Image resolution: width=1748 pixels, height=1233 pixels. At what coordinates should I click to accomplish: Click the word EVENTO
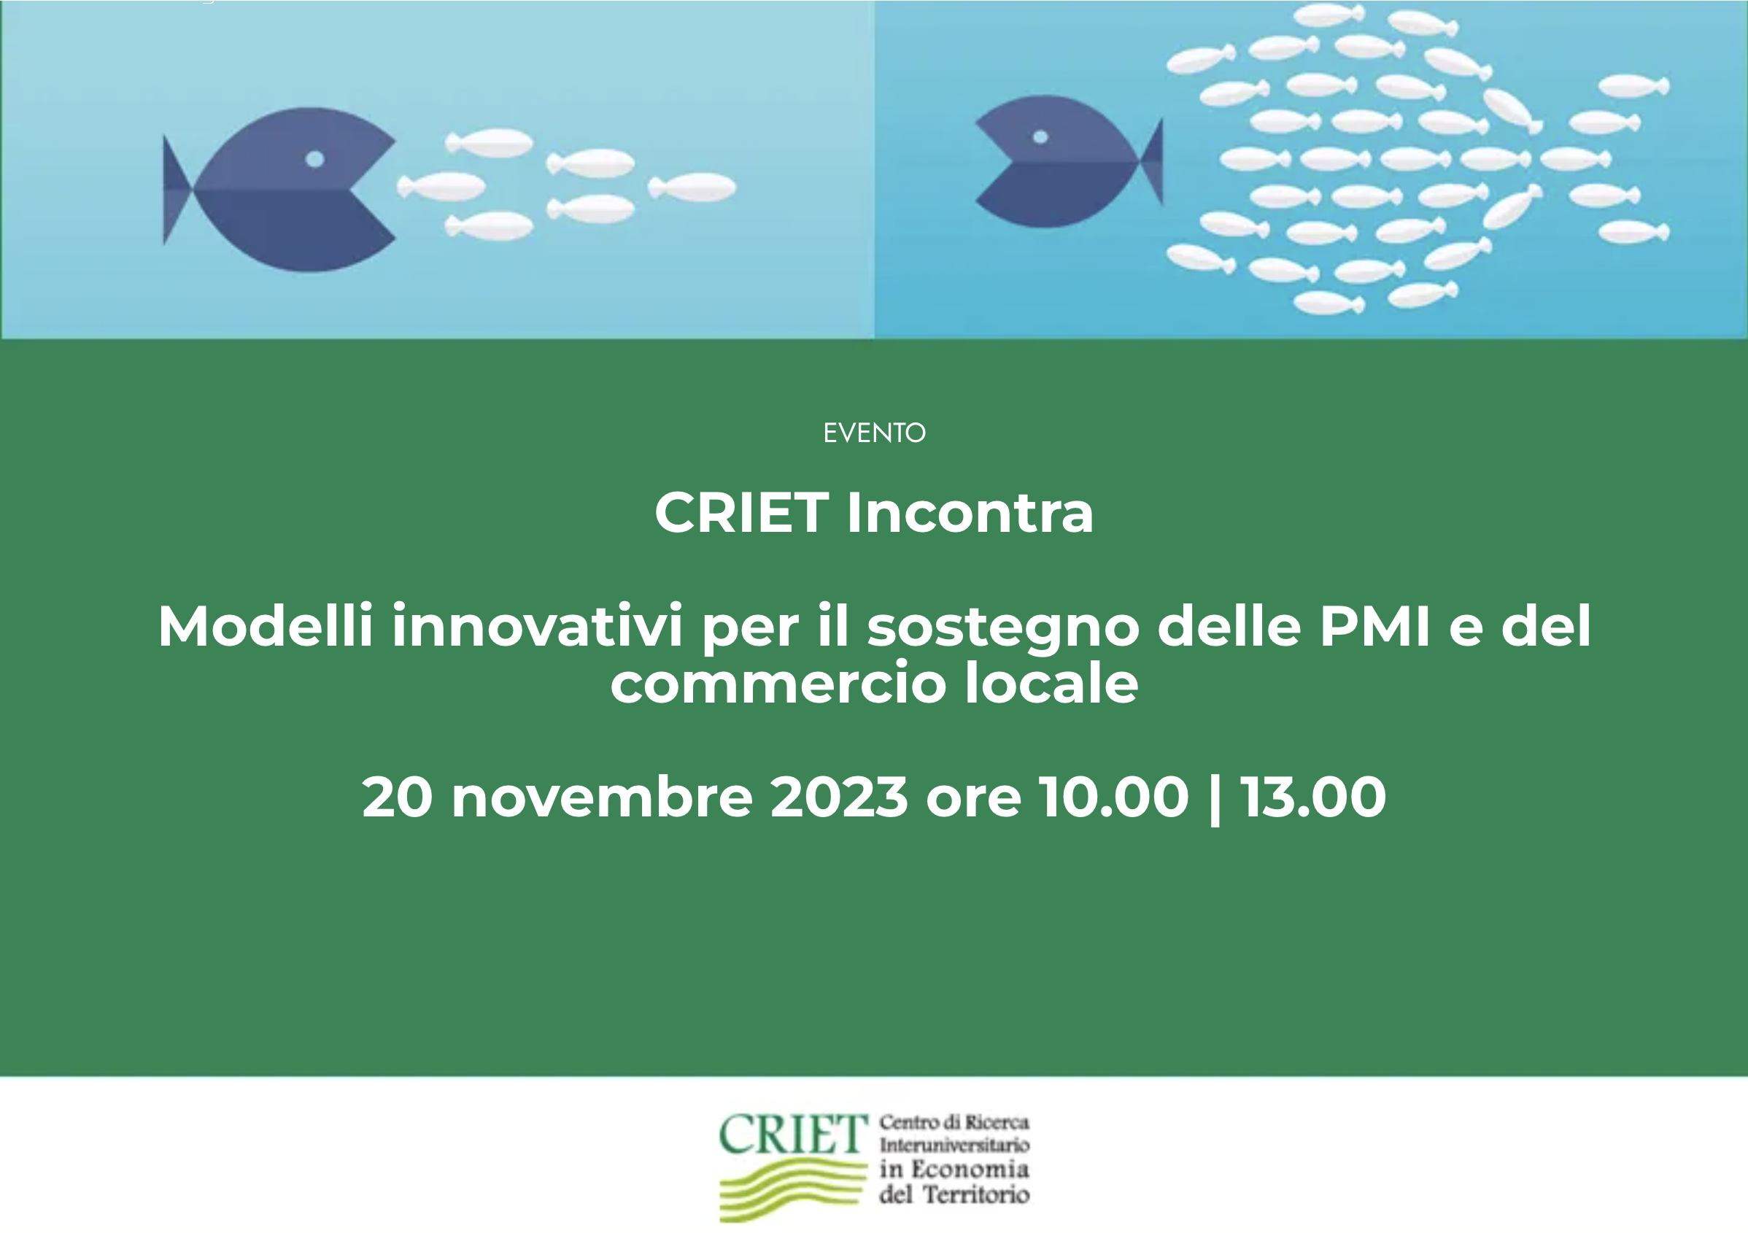pyautogui.click(x=874, y=433)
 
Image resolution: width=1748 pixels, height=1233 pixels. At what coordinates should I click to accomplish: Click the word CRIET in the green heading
pyautogui.click(x=741, y=513)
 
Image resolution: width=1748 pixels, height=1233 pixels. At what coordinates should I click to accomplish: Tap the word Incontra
pyautogui.click(x=970, y=513)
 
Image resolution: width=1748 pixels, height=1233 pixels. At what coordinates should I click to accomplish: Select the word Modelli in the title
pyautogui.click(x=266, y=625)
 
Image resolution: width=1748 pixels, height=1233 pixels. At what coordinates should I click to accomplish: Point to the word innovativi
pyautogui.click(x=537, y=625)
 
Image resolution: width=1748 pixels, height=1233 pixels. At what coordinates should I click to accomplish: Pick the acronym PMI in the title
pyautogui.click(x=1375, y=625)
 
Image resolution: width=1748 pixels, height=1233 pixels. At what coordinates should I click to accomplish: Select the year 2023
pyautogui.click(x=839, y=797)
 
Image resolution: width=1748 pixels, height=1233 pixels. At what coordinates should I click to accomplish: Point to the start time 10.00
pyautogui.click(x=1115, y=797)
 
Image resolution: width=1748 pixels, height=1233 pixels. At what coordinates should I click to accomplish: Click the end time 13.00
pyautogui.click(x=1313, y=797)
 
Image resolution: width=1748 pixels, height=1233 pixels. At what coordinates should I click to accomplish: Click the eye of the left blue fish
pyautogui.click(x=315, y=159)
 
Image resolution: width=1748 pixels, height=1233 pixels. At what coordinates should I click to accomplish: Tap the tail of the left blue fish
pyautogui.click(x=178, y=190)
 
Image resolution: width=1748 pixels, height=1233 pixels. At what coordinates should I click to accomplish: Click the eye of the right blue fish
pyautogui.click(x=1040, y=137)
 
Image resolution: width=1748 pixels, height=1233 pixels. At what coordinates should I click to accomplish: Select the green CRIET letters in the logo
pyautogui.click(x=793, y=1135)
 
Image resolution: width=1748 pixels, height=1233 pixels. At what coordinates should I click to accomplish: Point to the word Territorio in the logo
pyautogui.click(x=976, y=1194)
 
